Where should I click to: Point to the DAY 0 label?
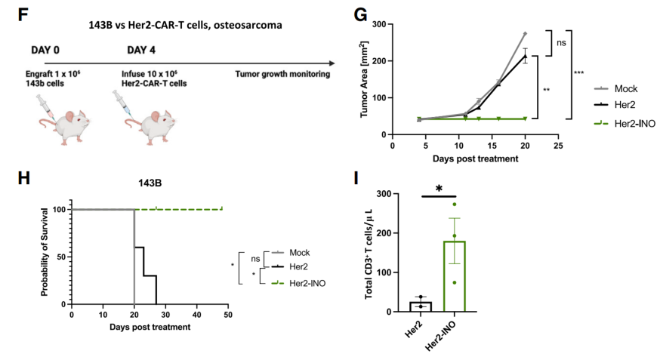pos(46,50)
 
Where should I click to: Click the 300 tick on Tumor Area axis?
pos(380,24)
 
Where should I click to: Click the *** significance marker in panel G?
pos(579,72)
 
